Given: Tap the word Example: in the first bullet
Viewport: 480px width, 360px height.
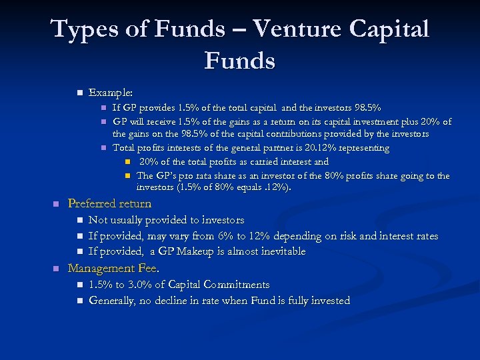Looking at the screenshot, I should coord(111,93).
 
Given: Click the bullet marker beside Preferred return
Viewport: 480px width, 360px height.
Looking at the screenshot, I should coord(57,204).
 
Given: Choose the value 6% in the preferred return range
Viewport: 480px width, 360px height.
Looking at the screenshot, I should coord(239,235).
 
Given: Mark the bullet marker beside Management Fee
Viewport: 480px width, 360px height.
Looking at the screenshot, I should coord(57,269).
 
